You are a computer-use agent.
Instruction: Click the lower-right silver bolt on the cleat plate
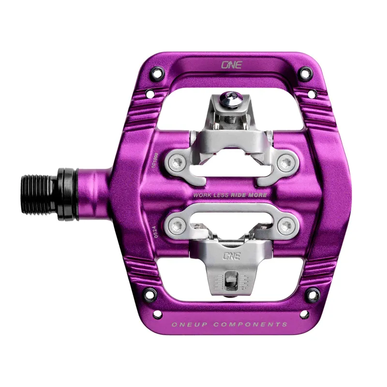287,223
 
